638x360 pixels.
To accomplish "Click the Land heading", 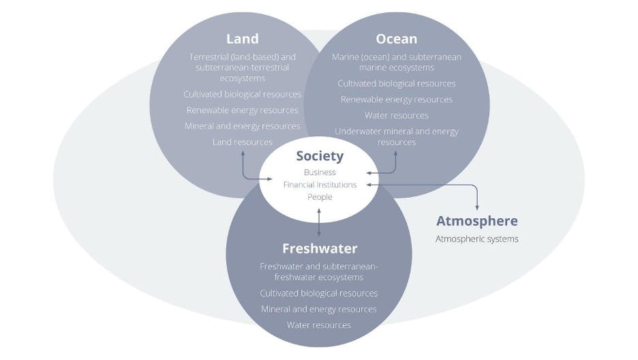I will (x=242, y=39).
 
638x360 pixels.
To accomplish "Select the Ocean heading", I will (x=396, y=39).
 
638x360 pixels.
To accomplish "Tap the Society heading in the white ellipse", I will (x=320, y=156).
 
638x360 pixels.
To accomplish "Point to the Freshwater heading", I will (x=319, y=248).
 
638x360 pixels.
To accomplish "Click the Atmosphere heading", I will (x=476, y=221).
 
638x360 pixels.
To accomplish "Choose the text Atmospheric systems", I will (x=476, y=239).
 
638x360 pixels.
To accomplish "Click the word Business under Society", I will (x=320, y=172).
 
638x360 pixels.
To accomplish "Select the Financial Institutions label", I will (x=320, y=185).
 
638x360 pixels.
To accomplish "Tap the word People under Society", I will (x=320, y=197).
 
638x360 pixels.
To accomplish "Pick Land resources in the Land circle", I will (x=242, y=142).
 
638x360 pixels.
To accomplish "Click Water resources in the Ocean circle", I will (x=396, y=115).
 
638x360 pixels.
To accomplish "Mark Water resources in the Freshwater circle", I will (x=319, y=325).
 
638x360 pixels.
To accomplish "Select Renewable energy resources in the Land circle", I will (x=242, y=110).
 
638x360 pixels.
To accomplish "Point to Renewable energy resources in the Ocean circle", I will (x=396, y=100).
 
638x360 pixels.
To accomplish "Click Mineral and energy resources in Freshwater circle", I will (x=319, y=309).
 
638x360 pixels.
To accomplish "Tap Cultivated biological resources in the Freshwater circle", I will (x=319, y=292).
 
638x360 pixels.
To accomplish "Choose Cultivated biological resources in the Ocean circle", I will (x=396, y=83).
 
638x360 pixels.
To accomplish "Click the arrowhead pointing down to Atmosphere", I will (x=476, y=207).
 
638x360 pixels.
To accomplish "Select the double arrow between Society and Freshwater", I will (x=319, y=222).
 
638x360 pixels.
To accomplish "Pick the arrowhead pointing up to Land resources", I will (x=243, y=152).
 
